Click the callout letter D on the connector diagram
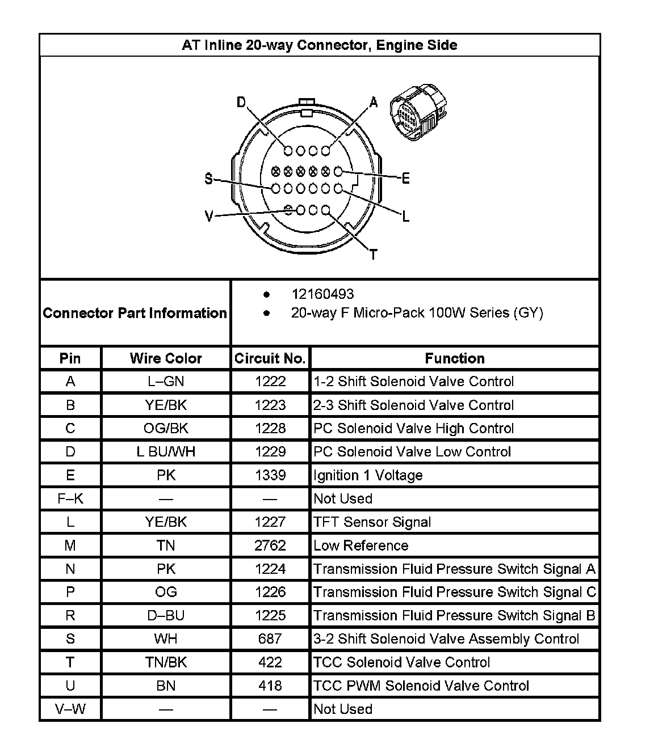click(x=241, y=103)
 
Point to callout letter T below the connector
click(x=373, y=255)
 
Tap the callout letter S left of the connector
click(x=209, y=179)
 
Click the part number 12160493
click(x=322, y=294)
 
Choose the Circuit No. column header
click(x=270, y=358)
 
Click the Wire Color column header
click(x=166, y=358)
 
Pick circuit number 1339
click(x=270, y=475)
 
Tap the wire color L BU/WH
click(x=166, y=452)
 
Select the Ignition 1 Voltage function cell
click(x=368, y=475)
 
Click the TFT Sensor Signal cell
click(x=372, y=522)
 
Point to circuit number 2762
click(x=270, y=545)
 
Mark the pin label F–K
click(x=70, y=499)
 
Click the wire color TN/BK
click(x=166, y=662)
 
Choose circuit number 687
click(x=270, y=639)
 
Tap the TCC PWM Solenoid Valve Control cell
click(x=421, y=686)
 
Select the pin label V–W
click(x=70, y=709)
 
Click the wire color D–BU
click(x=166, y=616)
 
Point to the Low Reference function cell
click(x=361, y=545)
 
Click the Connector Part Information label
click(x=135, y=313)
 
